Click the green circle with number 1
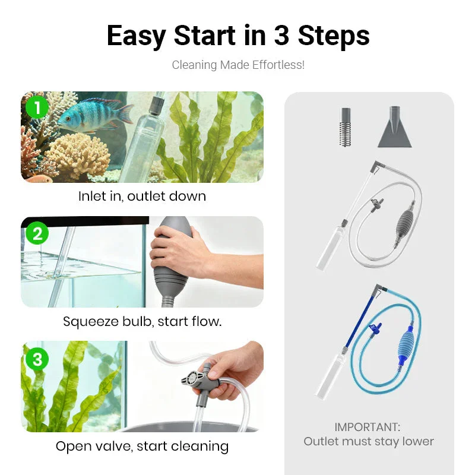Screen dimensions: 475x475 37,107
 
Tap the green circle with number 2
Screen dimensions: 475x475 37,233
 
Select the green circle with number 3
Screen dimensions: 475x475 37,359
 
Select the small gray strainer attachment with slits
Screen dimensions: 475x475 347,128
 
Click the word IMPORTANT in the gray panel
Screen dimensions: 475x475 368,427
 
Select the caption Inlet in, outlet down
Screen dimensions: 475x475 142,196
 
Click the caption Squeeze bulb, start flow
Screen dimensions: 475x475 142,322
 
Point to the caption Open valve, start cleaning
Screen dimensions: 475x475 142,446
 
